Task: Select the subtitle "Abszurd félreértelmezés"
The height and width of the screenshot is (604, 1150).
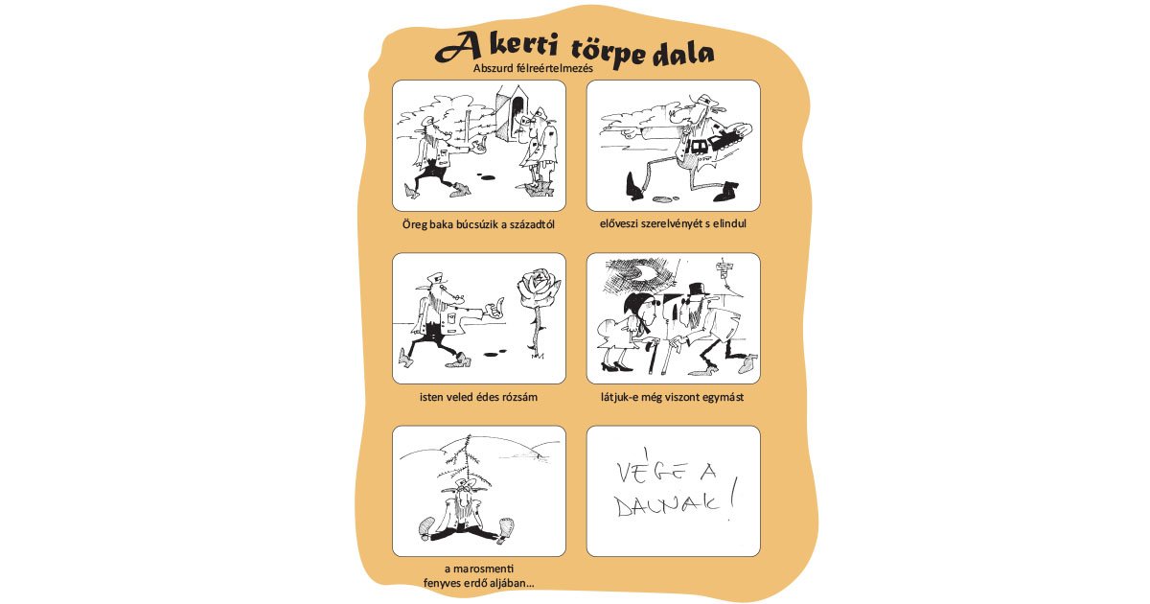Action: click(x=535, y=68)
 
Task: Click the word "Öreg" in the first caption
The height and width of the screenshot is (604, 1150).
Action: click(x=419, y=224)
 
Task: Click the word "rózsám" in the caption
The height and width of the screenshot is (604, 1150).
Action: click(x=517, y=397)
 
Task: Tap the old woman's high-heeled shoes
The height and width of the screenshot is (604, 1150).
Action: click(x=619, y=363)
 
